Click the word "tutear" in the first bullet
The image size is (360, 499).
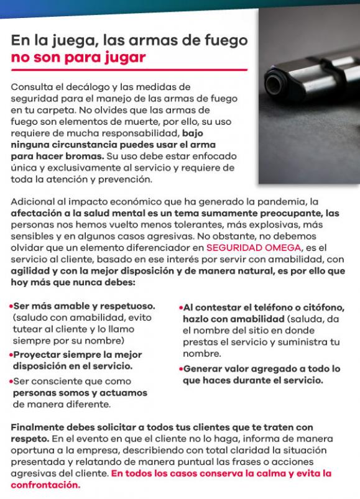click(x=27, y=329)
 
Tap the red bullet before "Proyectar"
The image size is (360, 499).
click(x=11, y=355)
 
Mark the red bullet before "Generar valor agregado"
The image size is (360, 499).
click(x=180, y=369)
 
